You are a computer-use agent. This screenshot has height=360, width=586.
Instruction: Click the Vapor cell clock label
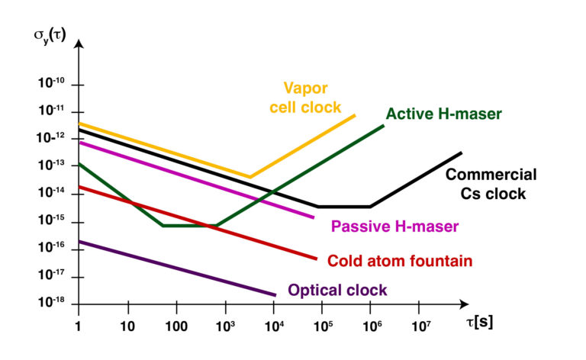click(x=304, y=96)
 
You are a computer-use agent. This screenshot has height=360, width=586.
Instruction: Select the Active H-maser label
click(x=443, y=114)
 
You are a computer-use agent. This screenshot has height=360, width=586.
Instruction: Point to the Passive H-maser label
click(x=394, y=227)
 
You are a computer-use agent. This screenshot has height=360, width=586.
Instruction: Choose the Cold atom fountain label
click(x=400, y=261)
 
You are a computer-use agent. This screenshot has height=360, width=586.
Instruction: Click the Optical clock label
click(x=337, y=291)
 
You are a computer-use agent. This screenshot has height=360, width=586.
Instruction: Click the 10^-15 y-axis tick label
click(x=53, y=222)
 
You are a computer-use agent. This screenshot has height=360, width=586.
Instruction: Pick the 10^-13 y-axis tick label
click(x=53, y=166)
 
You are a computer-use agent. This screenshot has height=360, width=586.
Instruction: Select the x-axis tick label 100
click(x=175, y=325)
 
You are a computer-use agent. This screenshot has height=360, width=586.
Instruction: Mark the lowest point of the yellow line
click(x=250, y=177)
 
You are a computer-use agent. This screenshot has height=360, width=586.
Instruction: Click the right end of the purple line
click(x=275, y=294)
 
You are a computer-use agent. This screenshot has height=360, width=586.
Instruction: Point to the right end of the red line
click(x=316, y=259)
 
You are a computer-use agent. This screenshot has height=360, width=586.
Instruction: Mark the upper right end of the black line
click(x=462, y=153)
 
